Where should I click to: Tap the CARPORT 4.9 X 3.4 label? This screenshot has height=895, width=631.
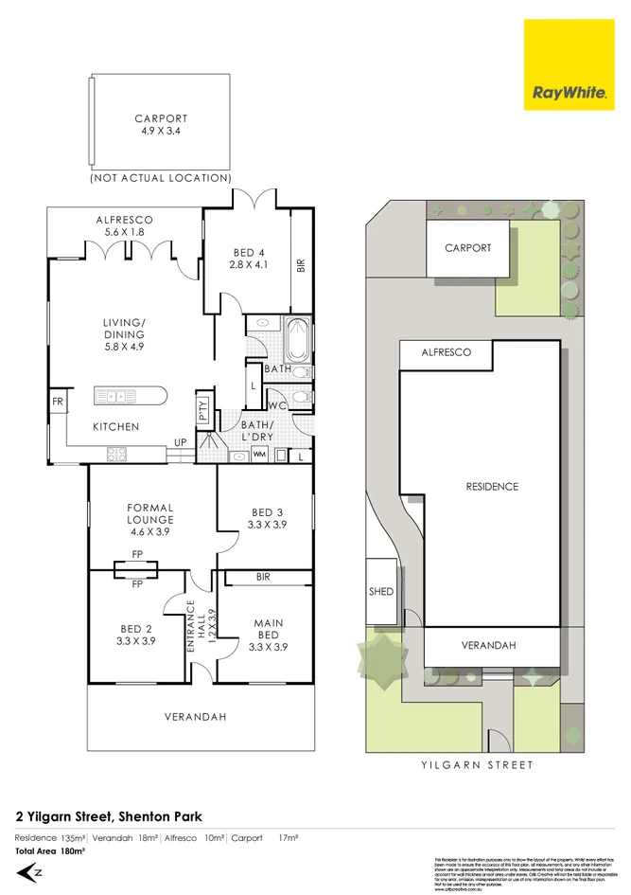tap(161, 125)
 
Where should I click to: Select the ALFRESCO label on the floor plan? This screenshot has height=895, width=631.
tap(124, 225)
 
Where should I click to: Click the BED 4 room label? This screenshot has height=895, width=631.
tap(249, 259)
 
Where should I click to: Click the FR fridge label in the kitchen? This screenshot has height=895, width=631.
tap(58, 403)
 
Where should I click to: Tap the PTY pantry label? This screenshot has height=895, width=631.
tap(203, 410)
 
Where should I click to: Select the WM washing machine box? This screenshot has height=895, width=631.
tap(259, 456)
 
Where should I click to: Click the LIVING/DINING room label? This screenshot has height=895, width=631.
tap(124, 335)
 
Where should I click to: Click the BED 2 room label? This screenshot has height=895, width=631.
tap(136, 635)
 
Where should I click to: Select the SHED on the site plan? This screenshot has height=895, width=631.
tap(379, 591)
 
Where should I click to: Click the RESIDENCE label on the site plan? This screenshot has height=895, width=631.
tap(492, 487)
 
